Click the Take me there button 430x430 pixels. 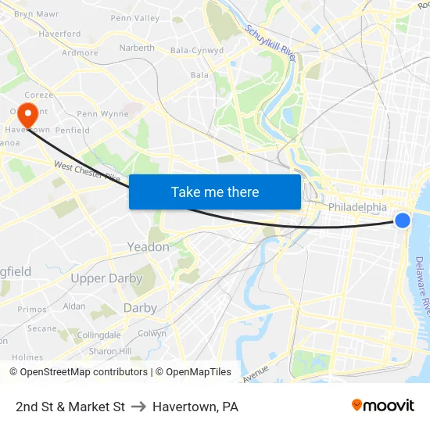[215, 192]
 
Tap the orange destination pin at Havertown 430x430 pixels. [27, 115]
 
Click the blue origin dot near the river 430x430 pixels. [403, 220]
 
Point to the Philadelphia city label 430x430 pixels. [357, 207]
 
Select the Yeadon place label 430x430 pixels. [148, 247]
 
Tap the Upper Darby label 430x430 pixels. [106, 278]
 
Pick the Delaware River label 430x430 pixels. [422, 281]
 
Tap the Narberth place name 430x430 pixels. [137, 48]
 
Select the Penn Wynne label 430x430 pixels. [102, 114]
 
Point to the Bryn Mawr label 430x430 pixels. [36, 14]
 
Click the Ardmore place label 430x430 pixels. [80, 53]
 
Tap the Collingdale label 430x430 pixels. [99, 335]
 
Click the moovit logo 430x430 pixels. [382, 405]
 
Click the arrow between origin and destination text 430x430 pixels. [138, 407]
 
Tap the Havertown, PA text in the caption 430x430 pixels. [195, 407]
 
